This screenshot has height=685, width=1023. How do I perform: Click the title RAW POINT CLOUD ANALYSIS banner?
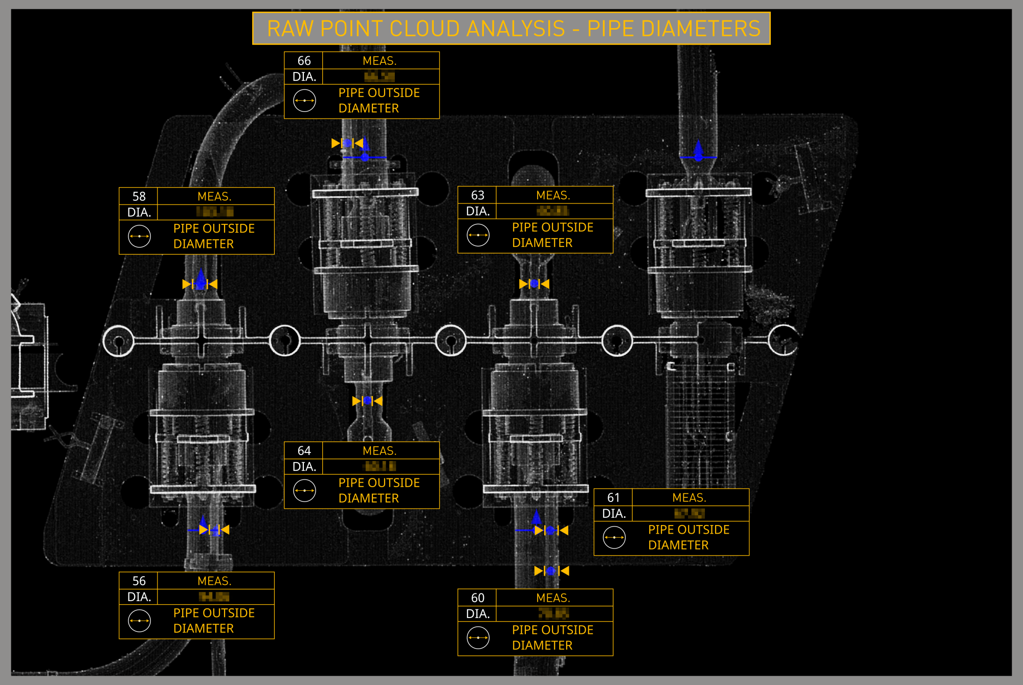click(x=511, y=29)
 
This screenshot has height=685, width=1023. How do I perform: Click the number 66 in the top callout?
click(x=304, y=61)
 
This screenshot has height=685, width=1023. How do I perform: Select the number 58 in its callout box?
click(x=139, y=196)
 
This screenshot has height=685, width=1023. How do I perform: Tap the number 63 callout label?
click(x=477, y=195)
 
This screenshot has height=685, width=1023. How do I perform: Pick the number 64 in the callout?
click(x=304, y=451)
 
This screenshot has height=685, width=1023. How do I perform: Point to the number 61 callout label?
click(x=613, y=497)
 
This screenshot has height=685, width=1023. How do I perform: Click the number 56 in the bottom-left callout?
click(x=139, y=581)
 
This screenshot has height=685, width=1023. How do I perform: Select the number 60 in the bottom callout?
click(x=477, y=598)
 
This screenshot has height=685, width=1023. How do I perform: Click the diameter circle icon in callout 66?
click(x=304, y=101)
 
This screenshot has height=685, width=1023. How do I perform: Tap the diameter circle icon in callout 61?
click(x=614, y=537)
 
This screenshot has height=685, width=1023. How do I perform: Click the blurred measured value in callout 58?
click(x=215, y=212)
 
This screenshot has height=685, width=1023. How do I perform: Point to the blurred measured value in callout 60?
click(x=553, y=613)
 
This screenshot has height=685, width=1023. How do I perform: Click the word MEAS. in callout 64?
click(x=380, y=451)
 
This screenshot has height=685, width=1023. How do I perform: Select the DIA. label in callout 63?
click(x=477, y=211)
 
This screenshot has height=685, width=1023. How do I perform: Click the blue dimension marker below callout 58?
click(x=200, y=284)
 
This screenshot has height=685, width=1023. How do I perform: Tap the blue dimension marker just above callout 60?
click(x=551, y=570)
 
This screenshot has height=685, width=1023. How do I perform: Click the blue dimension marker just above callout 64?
click(x=367, y=401)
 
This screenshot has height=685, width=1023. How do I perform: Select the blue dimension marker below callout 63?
click(x=534, y=284)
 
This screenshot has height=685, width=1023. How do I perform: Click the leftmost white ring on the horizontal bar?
click(x=119, y=341)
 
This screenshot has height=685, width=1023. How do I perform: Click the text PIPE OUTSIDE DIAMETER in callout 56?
click(x=214, y=621)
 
